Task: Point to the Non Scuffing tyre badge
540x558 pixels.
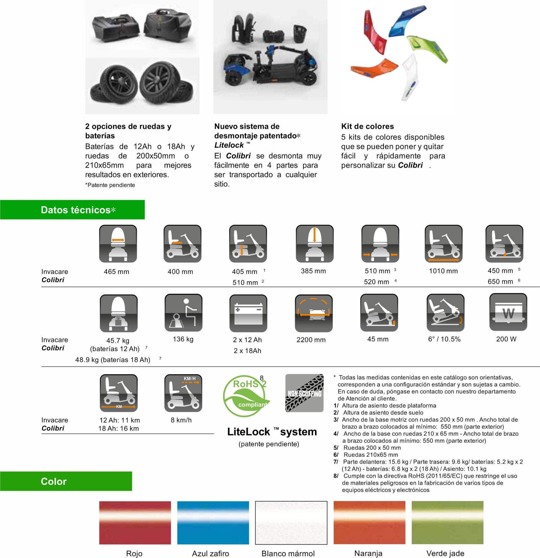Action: pos(304,393)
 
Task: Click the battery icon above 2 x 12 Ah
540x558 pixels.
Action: pos(248,313)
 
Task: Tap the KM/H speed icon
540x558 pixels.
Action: pos(183,393)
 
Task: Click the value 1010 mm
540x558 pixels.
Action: pos(443,271)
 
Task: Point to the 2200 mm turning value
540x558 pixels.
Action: pos(311,340)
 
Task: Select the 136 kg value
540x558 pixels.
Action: pos(183,339)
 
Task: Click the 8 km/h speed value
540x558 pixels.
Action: pos(181,420)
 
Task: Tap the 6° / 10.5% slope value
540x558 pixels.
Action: pos(444,339)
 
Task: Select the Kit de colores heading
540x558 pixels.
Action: pos(367,126)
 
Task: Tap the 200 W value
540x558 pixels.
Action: pos(506,339)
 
